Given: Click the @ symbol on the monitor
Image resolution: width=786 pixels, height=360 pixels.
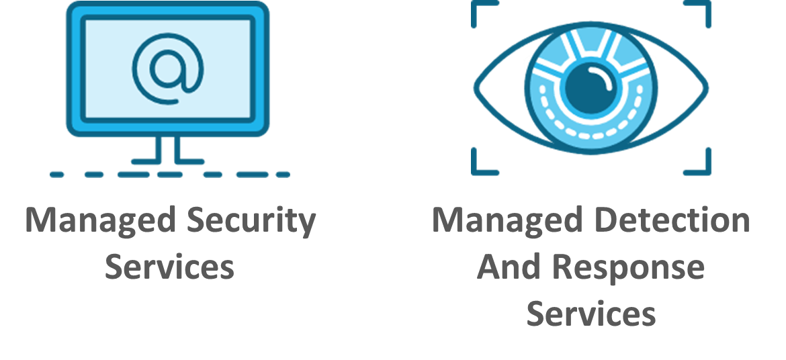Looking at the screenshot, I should point(167,69).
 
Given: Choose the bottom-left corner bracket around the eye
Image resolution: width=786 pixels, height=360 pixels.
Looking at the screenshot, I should point(482,165).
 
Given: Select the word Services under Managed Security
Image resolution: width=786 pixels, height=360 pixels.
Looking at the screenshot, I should point(169,267).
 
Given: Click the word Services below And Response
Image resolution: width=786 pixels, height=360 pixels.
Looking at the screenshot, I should point(591,313).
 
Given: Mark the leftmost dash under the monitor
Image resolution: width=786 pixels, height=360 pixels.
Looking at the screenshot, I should point(57,175).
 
